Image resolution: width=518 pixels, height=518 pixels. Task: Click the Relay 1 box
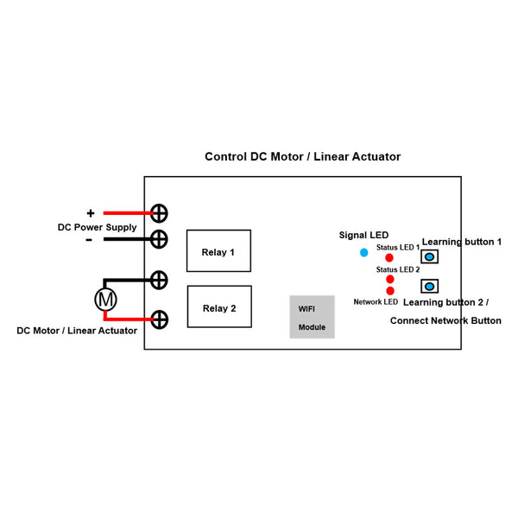click(x=218, y=252)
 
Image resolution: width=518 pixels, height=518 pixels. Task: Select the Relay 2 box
click(x=218, y=307)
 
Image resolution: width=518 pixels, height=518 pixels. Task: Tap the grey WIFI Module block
click(x=312, y=317)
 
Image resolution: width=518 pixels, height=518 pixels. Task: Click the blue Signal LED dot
click(x=363, y=252)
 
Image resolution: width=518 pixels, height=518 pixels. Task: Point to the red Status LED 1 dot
click(x=389, y=258)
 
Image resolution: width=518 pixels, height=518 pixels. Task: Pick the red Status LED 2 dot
click(x=390, y=280)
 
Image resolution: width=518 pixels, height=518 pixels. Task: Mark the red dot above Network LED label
click(x=390, y=291)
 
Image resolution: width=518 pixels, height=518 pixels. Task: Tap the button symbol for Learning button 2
click(x=428, y=286)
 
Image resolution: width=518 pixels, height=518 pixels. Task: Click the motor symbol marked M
click(x=105, y=300)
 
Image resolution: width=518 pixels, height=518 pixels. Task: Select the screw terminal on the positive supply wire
click(x=160, y=213)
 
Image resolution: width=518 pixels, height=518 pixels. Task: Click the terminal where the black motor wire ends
click(x=160, y=280)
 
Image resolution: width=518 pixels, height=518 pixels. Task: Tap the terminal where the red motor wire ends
click(x=160, y=319)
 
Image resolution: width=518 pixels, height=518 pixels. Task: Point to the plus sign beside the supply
click(x=90, y=212)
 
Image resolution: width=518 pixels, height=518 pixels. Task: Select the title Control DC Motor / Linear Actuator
click(x=302, y=157)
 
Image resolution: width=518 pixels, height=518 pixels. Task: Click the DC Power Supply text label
click(x=97, y=227)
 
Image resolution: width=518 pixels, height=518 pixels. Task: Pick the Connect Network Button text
click(x=445, y=320)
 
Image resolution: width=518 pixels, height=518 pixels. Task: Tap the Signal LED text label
click(x=363, y=235)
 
